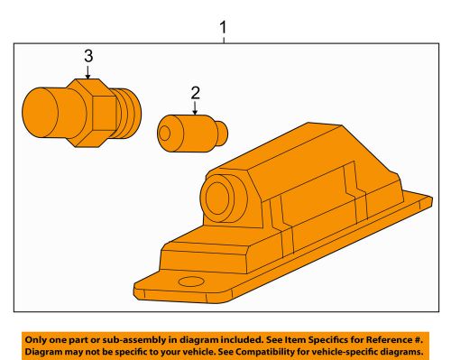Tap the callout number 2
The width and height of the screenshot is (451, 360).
click(x=194, y=93)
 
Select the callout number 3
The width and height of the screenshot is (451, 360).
click(x=88, y=56)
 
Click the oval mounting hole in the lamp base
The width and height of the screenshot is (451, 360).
click(x=190, y=283)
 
